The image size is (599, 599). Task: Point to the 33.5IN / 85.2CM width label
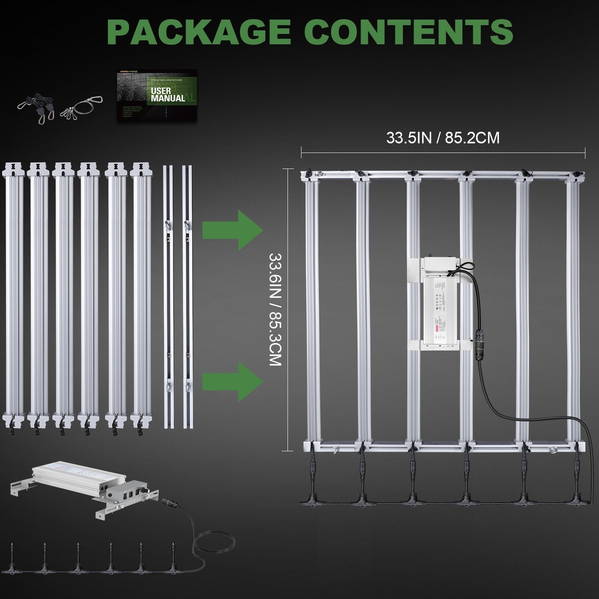[x=442, y=138]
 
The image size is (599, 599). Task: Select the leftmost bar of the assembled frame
[x=311, y=311]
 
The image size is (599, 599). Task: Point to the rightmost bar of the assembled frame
[x=573, y=311]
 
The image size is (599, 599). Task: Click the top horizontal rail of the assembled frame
[x=442, y=174]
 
